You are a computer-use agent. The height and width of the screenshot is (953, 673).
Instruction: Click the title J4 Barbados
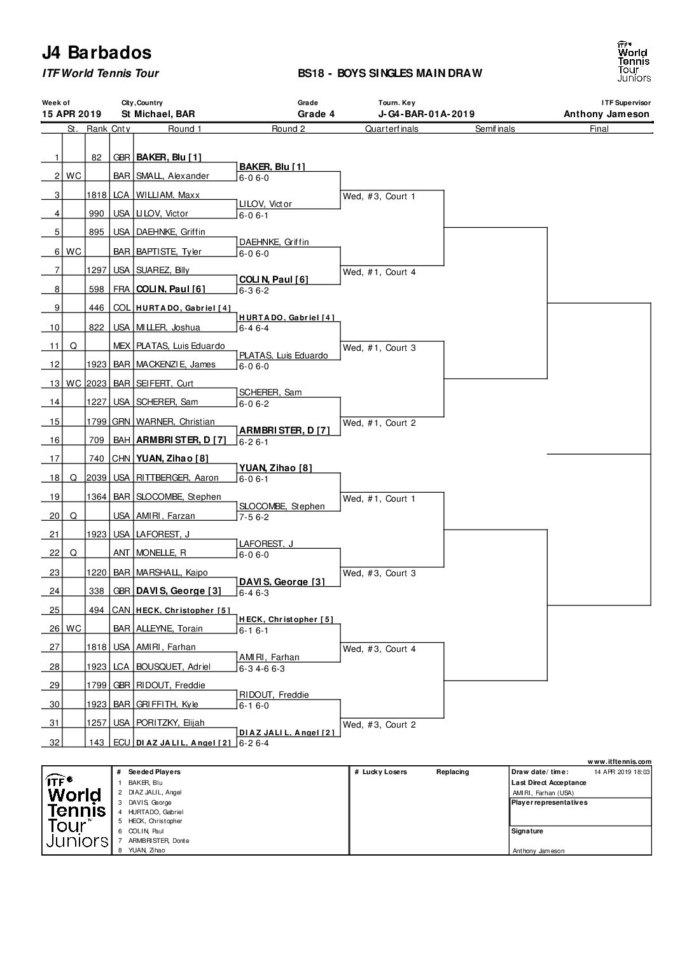tap(97, 53)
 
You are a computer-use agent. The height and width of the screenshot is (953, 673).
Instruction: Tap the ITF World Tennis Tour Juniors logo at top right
tap(634, 61)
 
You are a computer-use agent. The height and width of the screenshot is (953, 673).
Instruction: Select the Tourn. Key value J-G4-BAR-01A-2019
tap(426, 114)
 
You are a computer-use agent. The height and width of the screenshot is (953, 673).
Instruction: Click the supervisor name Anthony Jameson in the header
tap(606, 114)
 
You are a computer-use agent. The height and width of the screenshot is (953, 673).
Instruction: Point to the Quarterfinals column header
tap(392, 129)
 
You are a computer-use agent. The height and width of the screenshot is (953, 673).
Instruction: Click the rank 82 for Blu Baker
tap(97, 157)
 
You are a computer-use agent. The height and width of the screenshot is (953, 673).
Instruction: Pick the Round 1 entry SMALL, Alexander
tap(172, 176)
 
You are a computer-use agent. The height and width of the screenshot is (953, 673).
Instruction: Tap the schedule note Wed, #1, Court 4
tap(379, 272)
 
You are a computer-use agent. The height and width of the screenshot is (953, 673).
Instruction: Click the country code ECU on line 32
tap(121, 742)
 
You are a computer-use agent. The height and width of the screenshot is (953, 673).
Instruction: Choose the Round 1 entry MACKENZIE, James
tap(176, 365)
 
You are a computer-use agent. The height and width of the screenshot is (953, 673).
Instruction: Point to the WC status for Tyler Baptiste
tap(74, 252)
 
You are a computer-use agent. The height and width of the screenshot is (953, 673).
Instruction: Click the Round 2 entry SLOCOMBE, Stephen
tap(281, 506)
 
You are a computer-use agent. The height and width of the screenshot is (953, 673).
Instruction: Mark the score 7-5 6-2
tap(254, 518)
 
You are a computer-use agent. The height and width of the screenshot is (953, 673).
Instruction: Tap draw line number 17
tap(55, 458)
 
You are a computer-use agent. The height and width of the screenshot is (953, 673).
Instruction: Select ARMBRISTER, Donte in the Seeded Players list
tap(158, 841)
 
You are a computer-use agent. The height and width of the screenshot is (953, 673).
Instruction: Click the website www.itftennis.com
tap(620, 761)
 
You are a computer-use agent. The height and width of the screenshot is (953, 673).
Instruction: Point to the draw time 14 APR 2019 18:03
tap(621, 772)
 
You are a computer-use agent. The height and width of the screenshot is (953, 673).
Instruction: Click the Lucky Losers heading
tap(384, 772)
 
